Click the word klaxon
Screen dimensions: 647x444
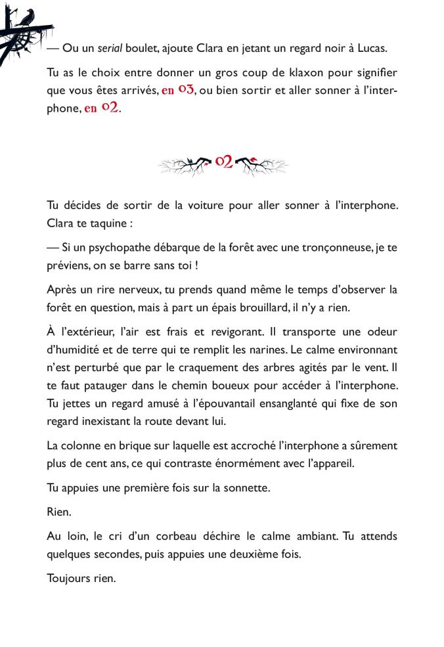click(262, 72)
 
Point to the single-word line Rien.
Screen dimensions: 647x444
click(58, 512)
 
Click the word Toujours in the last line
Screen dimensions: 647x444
click(68, 579)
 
